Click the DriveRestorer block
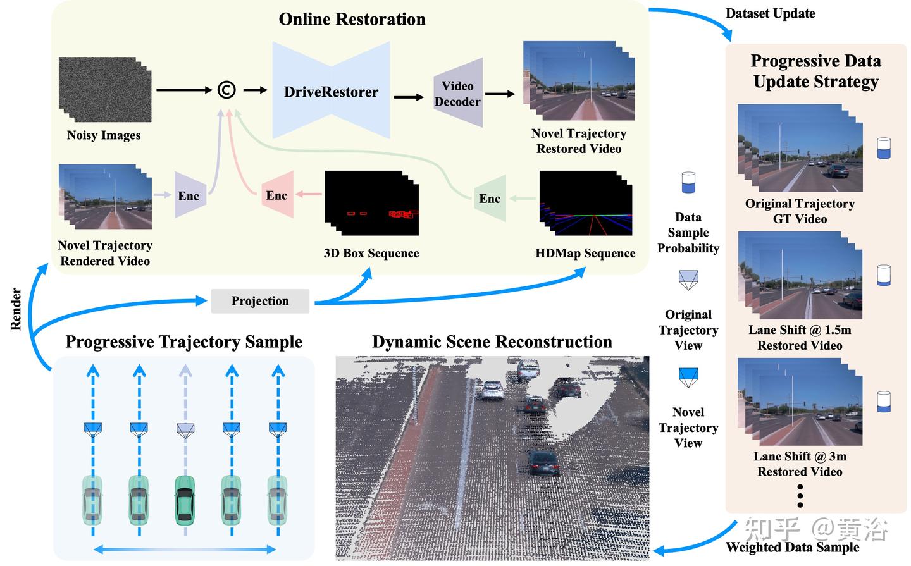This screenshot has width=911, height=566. point(331,92)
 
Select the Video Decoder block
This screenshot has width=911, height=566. point(457,94)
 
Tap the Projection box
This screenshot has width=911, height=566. point(260,301)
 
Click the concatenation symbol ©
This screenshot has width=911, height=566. point(226,90)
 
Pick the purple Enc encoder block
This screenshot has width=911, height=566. point(189,195)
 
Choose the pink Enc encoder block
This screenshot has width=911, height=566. point(277,195)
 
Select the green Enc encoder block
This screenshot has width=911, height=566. point(490,199)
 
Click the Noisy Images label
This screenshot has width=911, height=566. point(104,135)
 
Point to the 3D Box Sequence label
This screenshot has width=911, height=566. point(371,253)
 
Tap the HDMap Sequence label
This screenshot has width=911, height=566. point(585,253)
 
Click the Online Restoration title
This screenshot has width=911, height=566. point(352,19)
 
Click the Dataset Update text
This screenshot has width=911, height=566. point(770,13)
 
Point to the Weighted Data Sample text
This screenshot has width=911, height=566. point(792,547)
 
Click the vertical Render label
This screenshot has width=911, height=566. point(16,309)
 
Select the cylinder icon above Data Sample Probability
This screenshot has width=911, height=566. point(688,183)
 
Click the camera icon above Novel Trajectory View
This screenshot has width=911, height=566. point(688,377)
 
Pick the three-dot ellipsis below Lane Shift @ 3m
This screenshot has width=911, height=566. point(800,496)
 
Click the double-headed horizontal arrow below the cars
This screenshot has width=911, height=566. point(185,549)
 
